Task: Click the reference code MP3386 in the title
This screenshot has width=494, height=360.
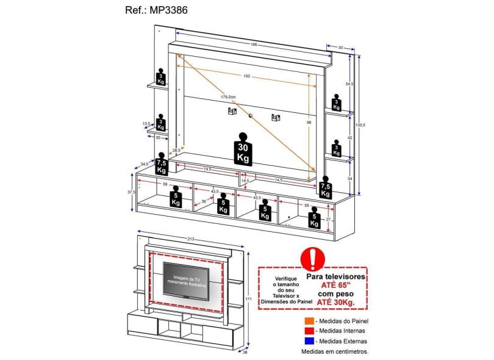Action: click(165, 11)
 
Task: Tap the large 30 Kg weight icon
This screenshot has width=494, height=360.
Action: click(243, 149)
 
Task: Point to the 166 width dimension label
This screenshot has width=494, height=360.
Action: click(253, 45)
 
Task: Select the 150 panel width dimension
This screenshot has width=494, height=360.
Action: click(246, 76)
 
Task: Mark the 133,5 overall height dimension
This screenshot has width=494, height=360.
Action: click(362, 125)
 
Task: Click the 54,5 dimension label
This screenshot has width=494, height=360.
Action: click(349, 84)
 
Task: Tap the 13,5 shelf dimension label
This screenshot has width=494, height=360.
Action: click(146, 124)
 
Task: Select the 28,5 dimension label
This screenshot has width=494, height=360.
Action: click(176, 150)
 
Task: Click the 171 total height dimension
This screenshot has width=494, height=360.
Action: click(248, 298)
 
